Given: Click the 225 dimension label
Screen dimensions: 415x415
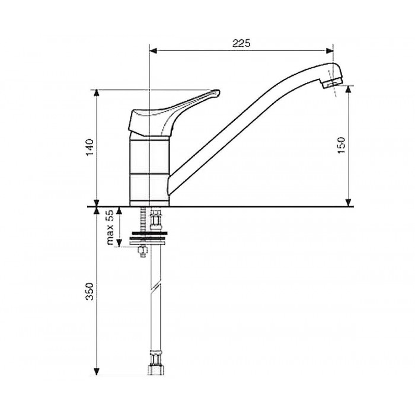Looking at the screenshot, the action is click(241, 43).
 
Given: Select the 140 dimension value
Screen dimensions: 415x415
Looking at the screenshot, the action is click(90, 147).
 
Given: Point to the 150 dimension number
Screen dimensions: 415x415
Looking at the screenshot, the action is click(341, 145).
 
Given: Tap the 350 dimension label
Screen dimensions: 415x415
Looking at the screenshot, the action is click(90, 291).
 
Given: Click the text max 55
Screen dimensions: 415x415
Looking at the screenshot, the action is click(110, 227).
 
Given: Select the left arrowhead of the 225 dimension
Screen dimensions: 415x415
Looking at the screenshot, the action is click(153, 51).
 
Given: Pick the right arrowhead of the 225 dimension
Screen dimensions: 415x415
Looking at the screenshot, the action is click(330, 51).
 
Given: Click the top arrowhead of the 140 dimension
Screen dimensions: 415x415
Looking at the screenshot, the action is click(97, 93).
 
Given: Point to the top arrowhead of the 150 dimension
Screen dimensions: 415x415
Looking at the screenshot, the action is click(349, 89).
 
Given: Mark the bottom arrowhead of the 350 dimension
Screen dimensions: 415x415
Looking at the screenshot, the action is click(97, 371).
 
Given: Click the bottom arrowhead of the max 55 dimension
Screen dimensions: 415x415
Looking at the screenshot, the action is click(120, 243).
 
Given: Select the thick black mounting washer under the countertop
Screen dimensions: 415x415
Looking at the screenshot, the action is click(149, 233).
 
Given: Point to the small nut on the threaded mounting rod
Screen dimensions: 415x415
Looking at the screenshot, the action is click(142, 251).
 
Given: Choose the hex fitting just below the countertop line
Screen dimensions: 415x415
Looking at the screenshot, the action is click(156, 221).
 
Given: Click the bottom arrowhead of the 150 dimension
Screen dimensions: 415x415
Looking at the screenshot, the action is click(349, 203).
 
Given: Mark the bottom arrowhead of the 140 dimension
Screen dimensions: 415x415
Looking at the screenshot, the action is click(97, 203).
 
